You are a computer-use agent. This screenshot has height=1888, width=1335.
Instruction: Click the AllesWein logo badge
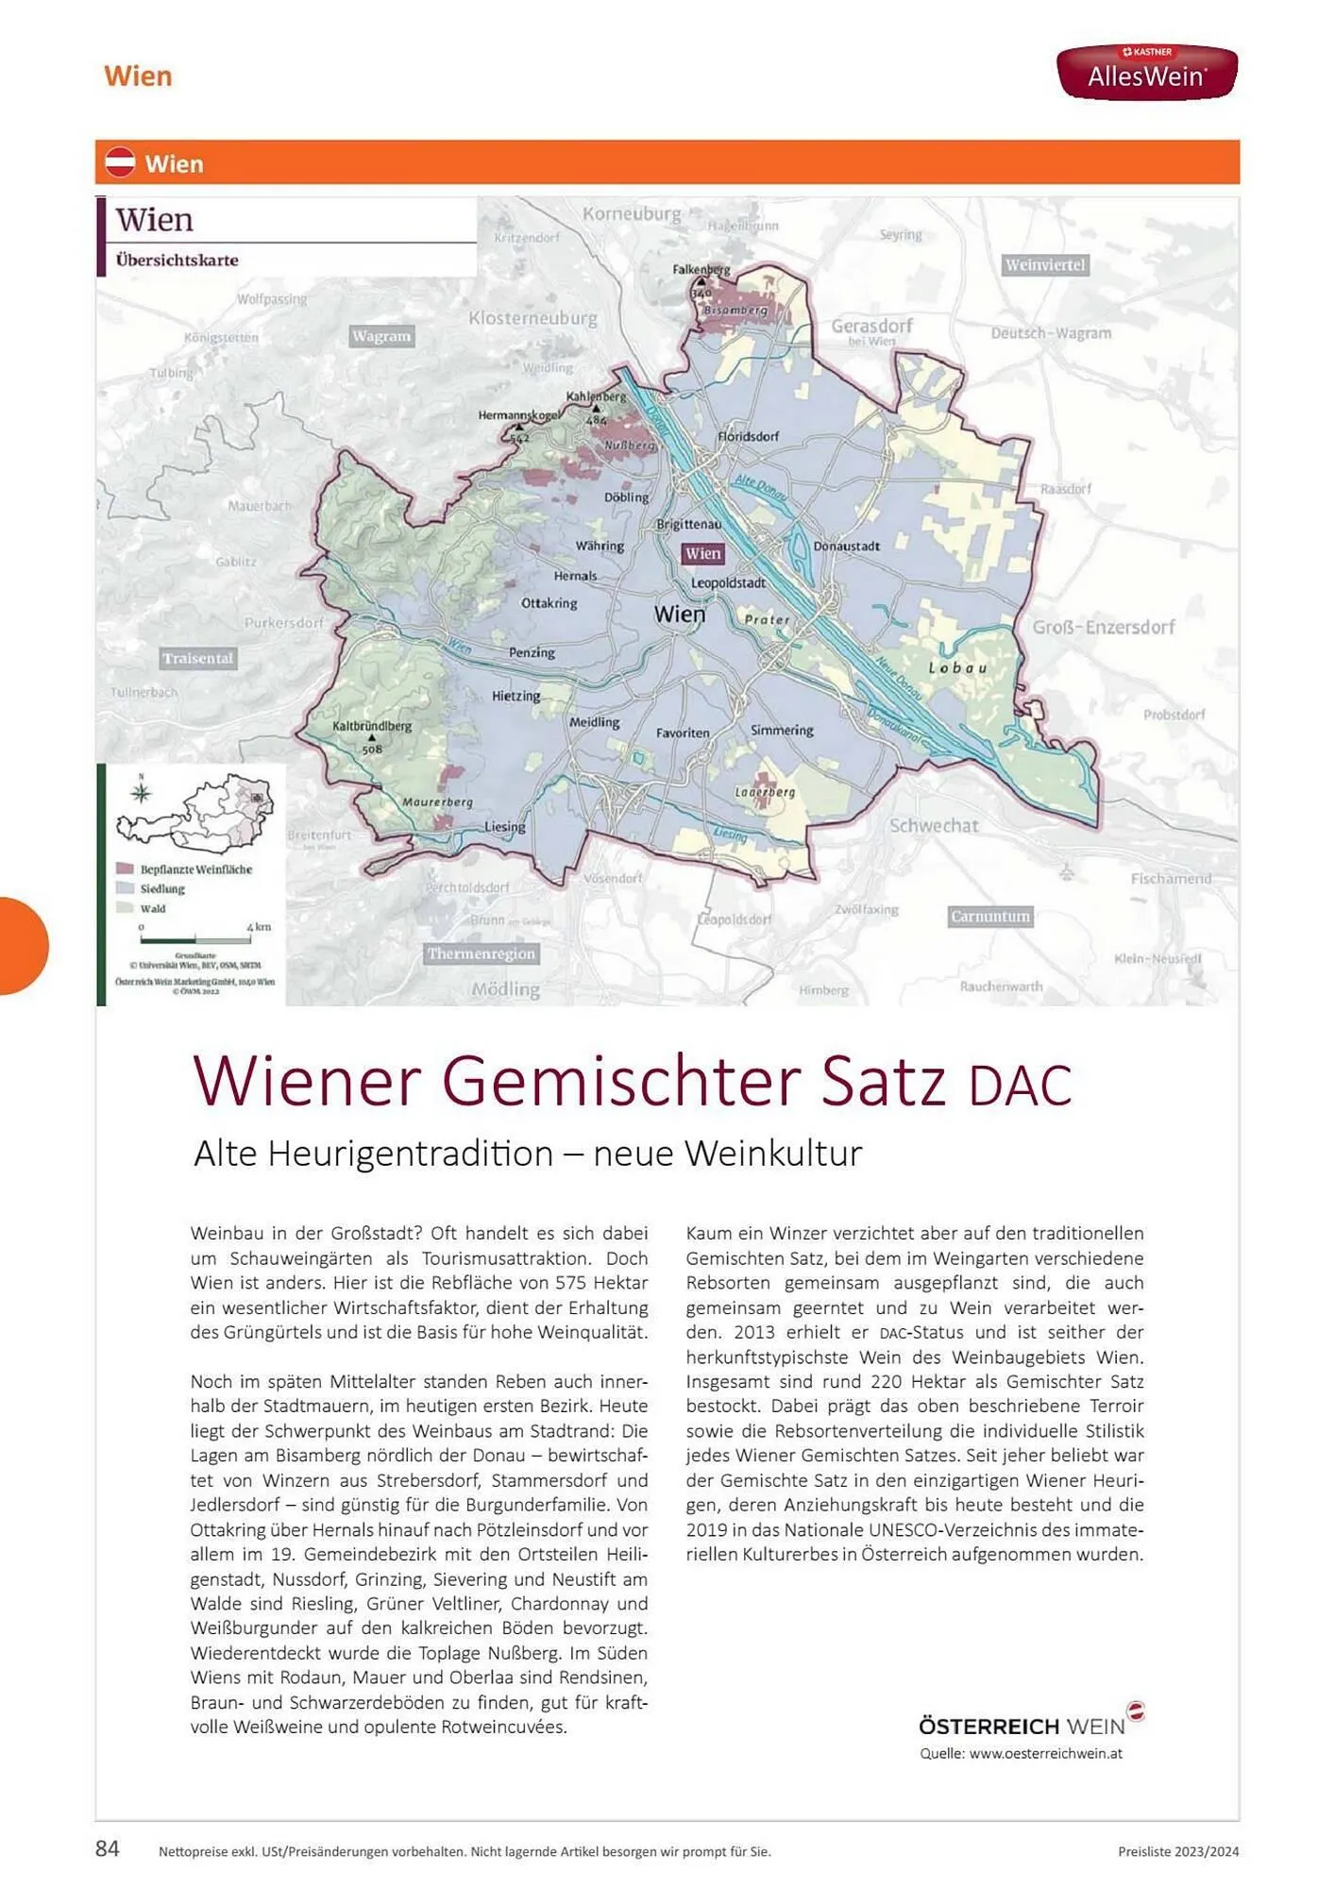[1146, 72]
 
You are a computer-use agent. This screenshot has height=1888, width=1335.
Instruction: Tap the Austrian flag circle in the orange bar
[121, 163]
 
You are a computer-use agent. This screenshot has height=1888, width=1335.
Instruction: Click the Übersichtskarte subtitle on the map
[177, 261]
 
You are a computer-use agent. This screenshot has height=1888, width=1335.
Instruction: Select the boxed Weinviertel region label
[1045, 265]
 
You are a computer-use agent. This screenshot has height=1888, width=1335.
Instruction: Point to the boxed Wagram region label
[381, 336]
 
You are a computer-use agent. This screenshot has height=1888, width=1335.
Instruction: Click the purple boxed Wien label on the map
[702, 554]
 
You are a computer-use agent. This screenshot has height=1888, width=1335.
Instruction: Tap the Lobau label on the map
[957, 667]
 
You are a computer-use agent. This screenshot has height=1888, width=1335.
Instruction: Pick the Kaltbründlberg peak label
[372, 727]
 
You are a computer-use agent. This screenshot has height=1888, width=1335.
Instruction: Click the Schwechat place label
[934, 825]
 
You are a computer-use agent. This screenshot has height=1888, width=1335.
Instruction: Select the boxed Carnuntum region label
[990, 917]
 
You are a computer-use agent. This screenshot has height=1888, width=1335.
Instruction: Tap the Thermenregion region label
[482, 953]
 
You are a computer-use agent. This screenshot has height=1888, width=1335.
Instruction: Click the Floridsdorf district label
[748, 436]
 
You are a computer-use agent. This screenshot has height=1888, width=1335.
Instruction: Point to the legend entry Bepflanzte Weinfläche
[195, 869]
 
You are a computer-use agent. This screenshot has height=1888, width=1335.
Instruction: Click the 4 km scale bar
[195, 939]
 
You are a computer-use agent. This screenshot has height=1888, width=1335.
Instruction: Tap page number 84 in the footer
[108, 1848]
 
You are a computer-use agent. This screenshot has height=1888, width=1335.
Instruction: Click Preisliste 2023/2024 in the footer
[1177, 1852]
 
